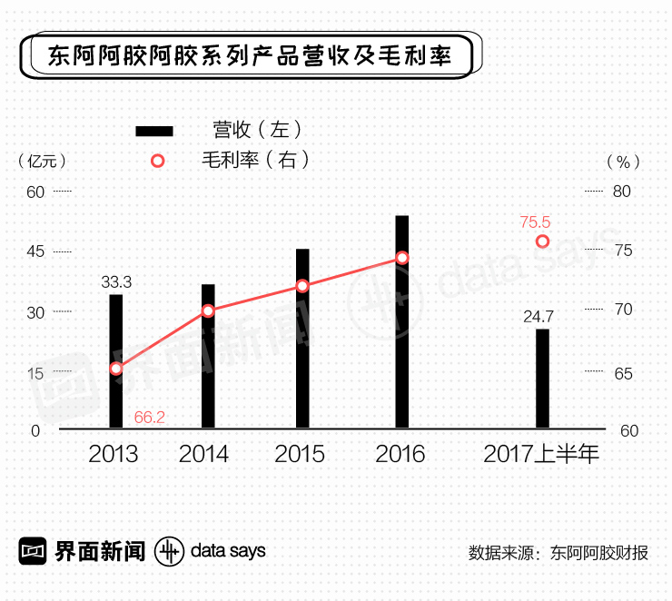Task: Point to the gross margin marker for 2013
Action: click(x=116, y=369)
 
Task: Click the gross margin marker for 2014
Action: click(x=208, y=310)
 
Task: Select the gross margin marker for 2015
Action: click(x=302, y=287)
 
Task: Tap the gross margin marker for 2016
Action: click(x=401, y=258)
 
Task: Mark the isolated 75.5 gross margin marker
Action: click(x=542, y=241)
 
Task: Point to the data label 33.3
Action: click(x=116, y=282)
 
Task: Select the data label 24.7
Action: click(x=539, y=317)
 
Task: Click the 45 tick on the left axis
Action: click(x=35, y=251)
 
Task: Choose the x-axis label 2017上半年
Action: click(x=541, y=454)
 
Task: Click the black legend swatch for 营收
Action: click(x=153, y=131)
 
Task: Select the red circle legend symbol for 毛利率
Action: click(x=157, y=161)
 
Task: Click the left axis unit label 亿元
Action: click(x=42, y=161)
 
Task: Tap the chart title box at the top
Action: click(x=247, y=56)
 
